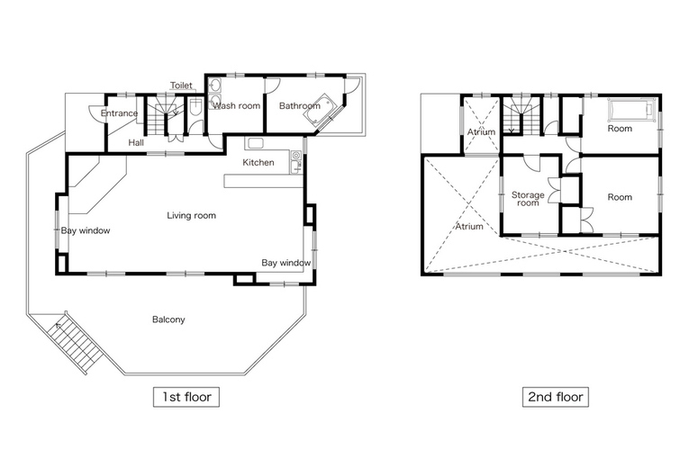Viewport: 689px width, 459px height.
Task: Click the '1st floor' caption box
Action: [186, 397]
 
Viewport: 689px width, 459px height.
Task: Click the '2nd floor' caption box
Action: [556, 397]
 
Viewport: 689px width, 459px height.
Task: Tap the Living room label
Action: [191, 215]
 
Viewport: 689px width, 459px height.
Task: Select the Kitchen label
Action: [258, 163]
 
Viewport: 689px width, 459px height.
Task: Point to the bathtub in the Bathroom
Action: [320, 110]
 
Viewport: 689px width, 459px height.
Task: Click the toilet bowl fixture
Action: [196, 106]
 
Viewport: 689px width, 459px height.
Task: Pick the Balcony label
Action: [168, 319]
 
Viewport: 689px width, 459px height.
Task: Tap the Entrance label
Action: [119, 113]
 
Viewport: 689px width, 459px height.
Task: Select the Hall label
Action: [136, 142]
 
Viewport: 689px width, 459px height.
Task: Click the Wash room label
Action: [236, 106]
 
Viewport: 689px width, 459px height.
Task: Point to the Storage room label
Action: [528, 199]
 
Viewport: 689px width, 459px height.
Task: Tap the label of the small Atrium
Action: [481, 131]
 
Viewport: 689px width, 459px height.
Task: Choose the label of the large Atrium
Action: [469, 226]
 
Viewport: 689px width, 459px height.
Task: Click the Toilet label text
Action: [181, 85]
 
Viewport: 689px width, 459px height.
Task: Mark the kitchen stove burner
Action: [295, 155]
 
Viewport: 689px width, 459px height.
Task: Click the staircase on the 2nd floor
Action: [521, 115]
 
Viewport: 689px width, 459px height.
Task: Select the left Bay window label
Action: [86, 230]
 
